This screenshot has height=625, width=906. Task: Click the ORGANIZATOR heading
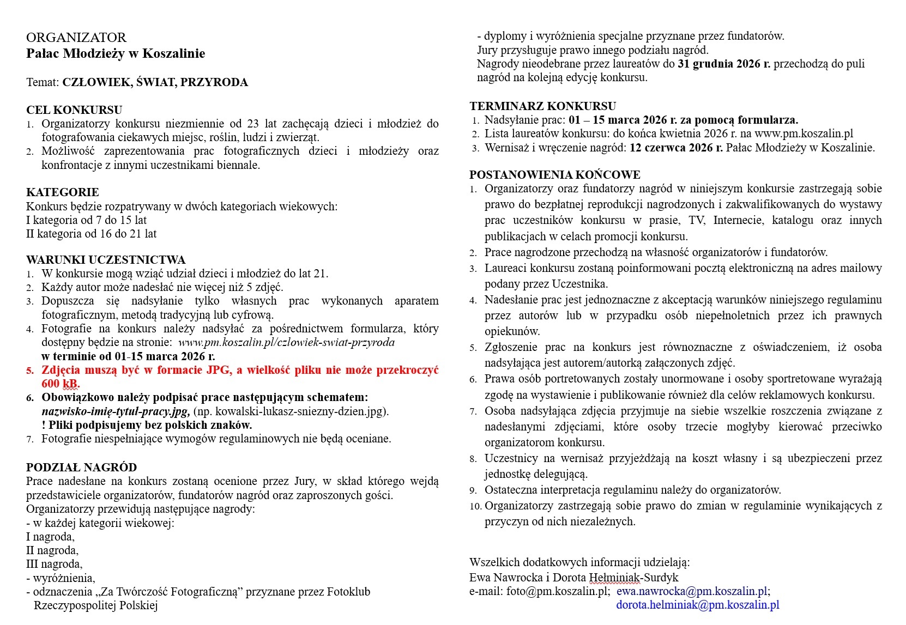pyautogui.click(x=76, y=38)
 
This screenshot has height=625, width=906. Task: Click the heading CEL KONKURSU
pyautogui.click(x=74, y=110)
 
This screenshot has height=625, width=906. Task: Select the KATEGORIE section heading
pyautogui.click(x=63, y=192)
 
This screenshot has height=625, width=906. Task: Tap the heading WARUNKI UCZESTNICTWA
pyautogui.click(x=106, y=260)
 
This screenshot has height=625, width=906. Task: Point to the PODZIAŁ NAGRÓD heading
pyautogui.click(x=81, y=468)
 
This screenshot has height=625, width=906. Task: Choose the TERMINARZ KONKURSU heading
pyautogui.click(x=543, y=106)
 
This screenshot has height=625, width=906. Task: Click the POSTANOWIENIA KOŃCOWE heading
pyautogui.click(x=555, y=175)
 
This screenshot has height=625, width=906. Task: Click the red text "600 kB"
pyautogui.click(x=61, y=384)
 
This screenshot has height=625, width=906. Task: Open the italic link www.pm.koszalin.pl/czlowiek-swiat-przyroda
pyautogui.click(x=286, y=343)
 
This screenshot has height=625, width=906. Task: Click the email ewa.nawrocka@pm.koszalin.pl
pyautogui.click(x=692, y=591)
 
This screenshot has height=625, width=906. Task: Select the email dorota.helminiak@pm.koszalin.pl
pyautogui.click(x=697, y=605)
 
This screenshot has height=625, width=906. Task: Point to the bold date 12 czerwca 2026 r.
pyautogui.click(x=676, y=148)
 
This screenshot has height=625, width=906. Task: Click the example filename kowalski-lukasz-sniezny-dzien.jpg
pyautogui.click(x=295, y=411)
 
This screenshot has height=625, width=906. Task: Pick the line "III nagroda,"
pyautogui.click(x=55, y=564)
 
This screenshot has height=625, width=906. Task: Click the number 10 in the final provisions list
pyautogui.click(x=475, y=506)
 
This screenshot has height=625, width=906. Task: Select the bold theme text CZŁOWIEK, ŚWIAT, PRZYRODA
pyautogui.click(x=155, y=82)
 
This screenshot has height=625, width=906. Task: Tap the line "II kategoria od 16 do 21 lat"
pyautogui.click(x=92, y=234)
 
